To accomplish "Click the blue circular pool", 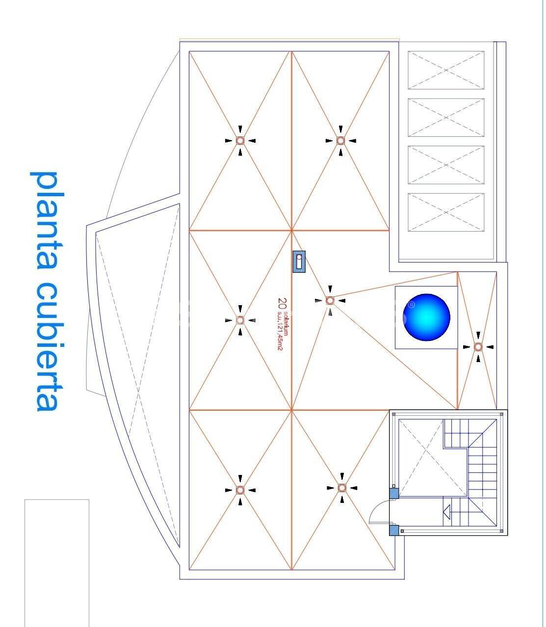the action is (426, 317).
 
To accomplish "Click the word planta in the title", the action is (48, 221).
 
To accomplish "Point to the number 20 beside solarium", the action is (282, 304).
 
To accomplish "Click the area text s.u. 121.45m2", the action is (280, 331).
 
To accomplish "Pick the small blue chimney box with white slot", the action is (299, 261).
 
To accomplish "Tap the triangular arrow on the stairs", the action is (447, 512).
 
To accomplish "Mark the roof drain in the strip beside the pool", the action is (478, 347).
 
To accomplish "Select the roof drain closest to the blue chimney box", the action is (330, 301).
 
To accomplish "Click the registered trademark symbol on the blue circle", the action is (412, 305).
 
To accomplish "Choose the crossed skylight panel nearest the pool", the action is (446, 212).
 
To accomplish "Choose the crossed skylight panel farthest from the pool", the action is (446, 70).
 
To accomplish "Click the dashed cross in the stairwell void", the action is (433, 458).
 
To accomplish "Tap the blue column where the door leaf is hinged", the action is (394, 530).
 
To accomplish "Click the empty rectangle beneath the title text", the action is (57, 563).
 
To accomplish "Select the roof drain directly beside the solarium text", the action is (240, 320).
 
